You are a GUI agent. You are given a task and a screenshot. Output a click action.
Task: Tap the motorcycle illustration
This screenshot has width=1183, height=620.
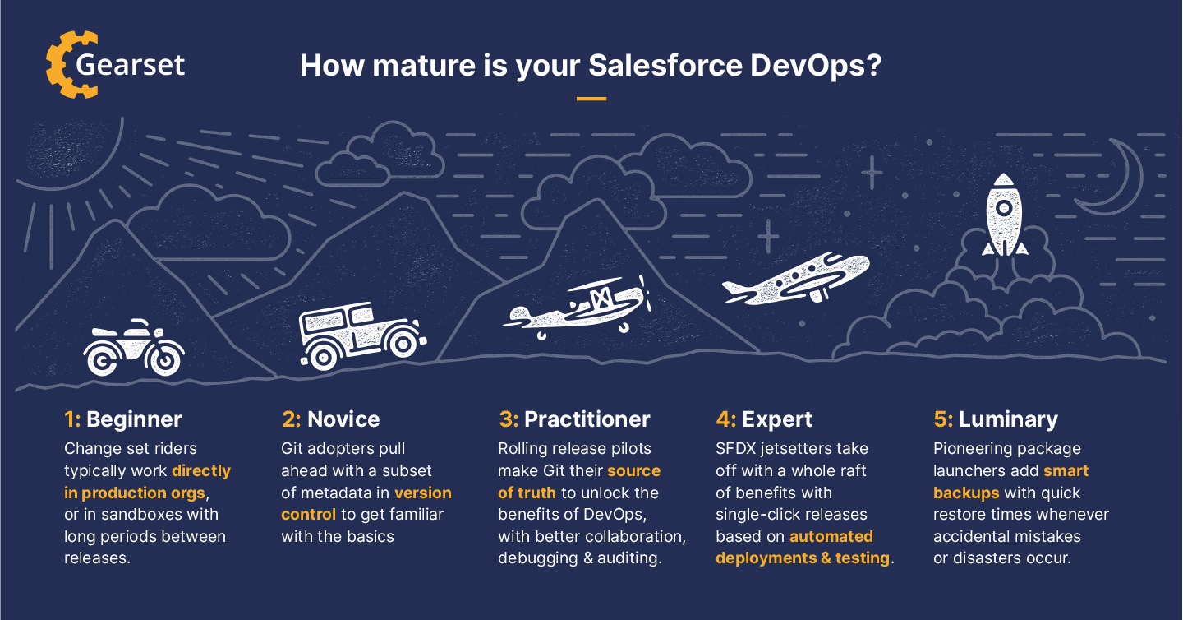[x=134, y=349]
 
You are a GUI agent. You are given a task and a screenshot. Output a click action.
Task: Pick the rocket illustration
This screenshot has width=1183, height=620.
[x=1004, y=215]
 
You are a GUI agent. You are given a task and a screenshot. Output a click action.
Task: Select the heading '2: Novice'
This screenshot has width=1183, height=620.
[x=330, y=419]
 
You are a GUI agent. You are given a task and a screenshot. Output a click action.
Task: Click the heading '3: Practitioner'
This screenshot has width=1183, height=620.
[x=573, y=419]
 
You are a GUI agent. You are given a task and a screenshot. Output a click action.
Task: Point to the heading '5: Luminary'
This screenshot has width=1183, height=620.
[x=996, y=419]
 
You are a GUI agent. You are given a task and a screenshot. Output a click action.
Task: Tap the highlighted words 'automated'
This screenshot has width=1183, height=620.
[x=831, y=537]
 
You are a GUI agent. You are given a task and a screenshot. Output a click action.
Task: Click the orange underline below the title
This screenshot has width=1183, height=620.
[x=591, y=99]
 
